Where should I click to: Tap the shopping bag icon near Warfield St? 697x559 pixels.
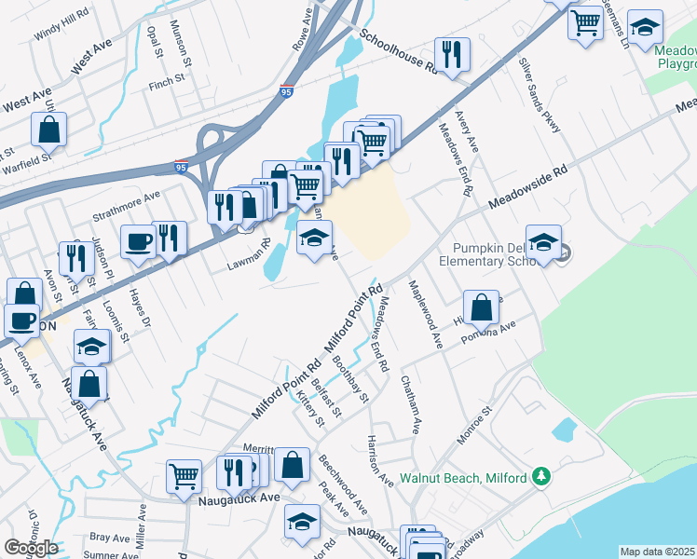(48, 130)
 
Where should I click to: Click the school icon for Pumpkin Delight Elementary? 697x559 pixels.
(543, 242)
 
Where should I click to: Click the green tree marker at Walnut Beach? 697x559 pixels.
(540, 477)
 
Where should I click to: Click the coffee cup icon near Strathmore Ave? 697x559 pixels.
(139, 241)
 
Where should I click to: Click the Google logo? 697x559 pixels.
(31, 549)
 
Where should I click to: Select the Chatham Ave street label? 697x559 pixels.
(410, 403)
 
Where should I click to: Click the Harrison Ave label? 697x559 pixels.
(380, 458)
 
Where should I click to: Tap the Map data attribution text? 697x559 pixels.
(657, 552)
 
